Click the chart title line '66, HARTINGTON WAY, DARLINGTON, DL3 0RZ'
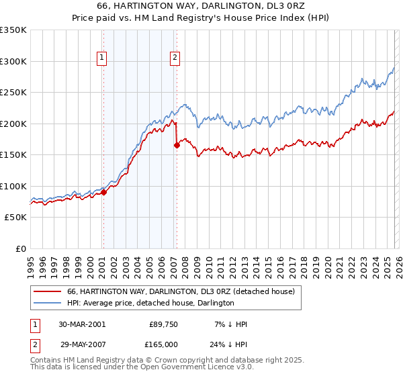(x=201, y=7)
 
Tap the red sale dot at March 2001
(x=104, y=193)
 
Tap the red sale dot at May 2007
(x=177, y=145)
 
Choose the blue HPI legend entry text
(x=150, y=303)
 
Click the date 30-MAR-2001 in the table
(x=82, y=324)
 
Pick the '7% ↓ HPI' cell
(x=230, y=324)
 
